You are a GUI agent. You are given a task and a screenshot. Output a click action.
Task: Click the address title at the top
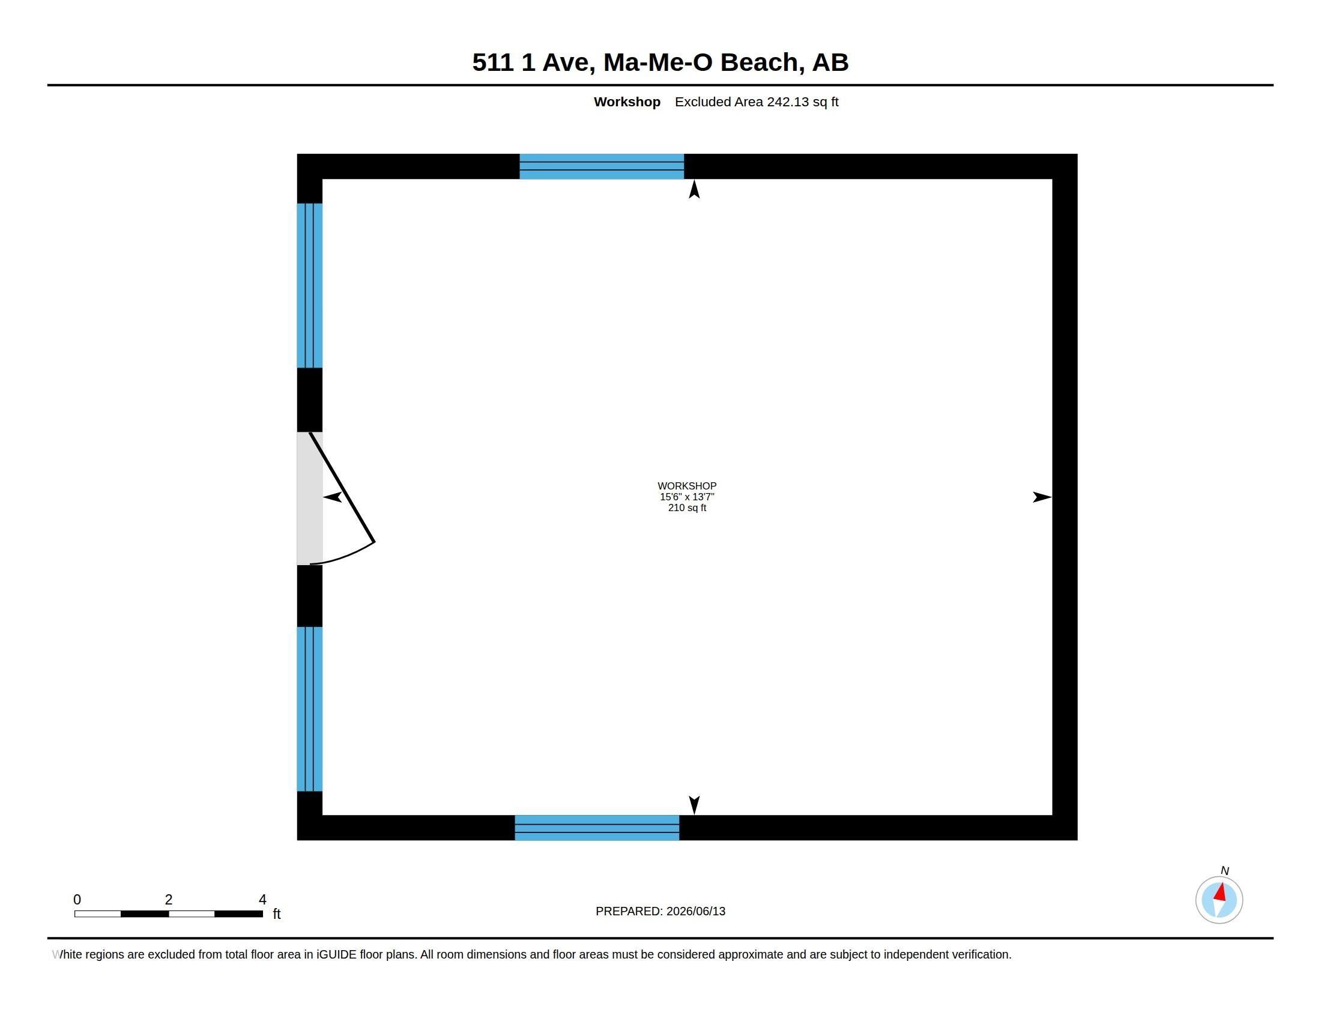point(660,62)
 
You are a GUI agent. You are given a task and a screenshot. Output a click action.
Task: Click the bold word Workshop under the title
point(627,101)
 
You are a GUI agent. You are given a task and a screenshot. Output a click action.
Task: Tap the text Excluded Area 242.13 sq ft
point(757,101)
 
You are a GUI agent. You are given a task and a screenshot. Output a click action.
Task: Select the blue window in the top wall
point(601,166)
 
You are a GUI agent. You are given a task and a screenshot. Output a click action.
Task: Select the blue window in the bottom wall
point(596,828)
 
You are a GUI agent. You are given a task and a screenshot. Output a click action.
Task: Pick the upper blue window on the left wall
point(309,285)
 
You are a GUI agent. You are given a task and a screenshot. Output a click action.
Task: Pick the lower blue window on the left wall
point(309,709)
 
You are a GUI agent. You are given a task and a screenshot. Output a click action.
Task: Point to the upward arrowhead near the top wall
point(694,189)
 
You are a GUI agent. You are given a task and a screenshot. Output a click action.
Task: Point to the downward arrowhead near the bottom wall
point(694,805)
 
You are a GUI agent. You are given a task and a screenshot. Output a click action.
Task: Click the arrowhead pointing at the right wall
point(1042,497)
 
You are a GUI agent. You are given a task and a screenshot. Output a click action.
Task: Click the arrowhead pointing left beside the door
point(333,497)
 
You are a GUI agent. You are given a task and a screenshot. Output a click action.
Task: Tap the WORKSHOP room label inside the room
point(687,486)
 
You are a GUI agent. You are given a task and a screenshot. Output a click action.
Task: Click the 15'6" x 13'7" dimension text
point(687,497)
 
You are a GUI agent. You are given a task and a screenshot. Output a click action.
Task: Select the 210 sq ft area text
point(687,507)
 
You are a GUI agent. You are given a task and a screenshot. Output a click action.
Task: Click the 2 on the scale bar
point(169,900)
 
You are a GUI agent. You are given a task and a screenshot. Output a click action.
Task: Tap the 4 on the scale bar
point(262,900)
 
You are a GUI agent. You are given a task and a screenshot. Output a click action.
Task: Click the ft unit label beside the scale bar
point(276,913)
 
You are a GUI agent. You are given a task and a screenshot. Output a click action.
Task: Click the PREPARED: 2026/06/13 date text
point(660,911)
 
